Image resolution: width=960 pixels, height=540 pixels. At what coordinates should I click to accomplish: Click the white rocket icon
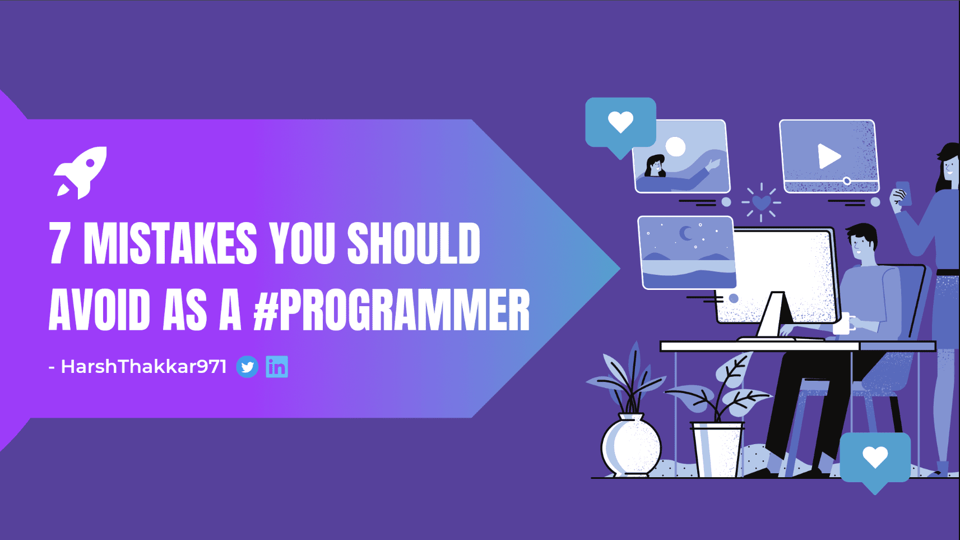tap(80, 173)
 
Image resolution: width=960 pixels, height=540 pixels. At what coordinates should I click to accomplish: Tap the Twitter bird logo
tap(247, 367)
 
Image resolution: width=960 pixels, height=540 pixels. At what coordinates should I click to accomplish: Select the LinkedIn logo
tap(277, 367)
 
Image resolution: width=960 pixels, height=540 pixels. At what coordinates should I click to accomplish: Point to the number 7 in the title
tap(59, 243)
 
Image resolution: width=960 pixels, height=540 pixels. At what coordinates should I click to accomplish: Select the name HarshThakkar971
tap(144, 367)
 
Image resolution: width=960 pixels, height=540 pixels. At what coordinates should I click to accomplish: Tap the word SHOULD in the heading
tap(414, 243)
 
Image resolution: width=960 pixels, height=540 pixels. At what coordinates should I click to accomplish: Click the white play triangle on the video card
tap(828, 156)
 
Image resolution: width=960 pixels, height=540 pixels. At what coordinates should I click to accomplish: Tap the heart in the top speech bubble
tap(620, 122)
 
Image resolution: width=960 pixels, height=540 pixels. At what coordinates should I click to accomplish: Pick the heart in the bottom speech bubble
tap(875, 457)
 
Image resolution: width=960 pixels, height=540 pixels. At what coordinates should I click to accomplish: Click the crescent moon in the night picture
tap(685, 234)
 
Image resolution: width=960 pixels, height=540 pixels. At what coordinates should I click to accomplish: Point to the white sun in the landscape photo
tap(675, 147)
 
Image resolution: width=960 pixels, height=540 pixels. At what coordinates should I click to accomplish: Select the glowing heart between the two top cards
tap(762, 202)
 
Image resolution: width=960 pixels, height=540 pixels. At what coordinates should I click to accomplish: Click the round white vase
tap(631, 446)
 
